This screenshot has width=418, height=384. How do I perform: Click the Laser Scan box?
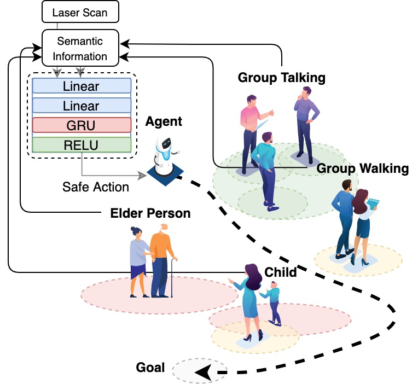click(80, 12)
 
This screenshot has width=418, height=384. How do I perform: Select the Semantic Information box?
click(81, 49)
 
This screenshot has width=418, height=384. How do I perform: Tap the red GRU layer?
click(82, 125)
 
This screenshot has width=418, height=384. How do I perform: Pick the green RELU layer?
click(82, 145)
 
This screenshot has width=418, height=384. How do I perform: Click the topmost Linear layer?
click(82, 86)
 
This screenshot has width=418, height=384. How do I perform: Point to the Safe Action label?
click(96, 187)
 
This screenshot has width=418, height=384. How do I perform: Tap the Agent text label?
click(164, 121)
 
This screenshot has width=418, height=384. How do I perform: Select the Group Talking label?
click(281, 78)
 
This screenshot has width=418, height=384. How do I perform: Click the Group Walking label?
click(362, 168)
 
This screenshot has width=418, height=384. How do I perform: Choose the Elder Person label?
click(150, 213)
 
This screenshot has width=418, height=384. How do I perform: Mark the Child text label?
click(280, 272)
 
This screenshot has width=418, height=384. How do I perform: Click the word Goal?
click(150, 368)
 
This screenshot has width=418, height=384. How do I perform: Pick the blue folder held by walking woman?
click(374, 205)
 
